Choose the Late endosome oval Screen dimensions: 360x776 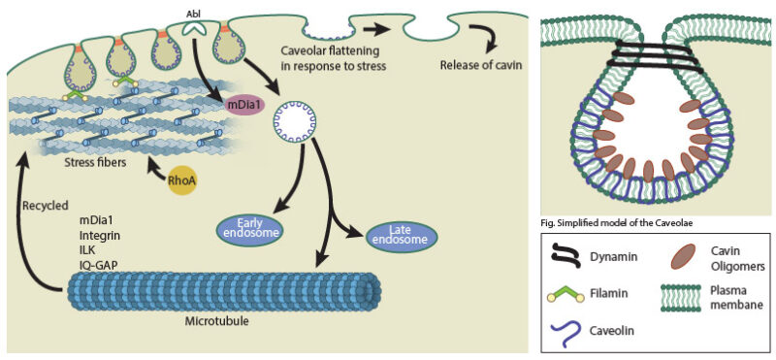[x=402, y=235]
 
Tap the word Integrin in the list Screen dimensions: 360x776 [x=100, y=234]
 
